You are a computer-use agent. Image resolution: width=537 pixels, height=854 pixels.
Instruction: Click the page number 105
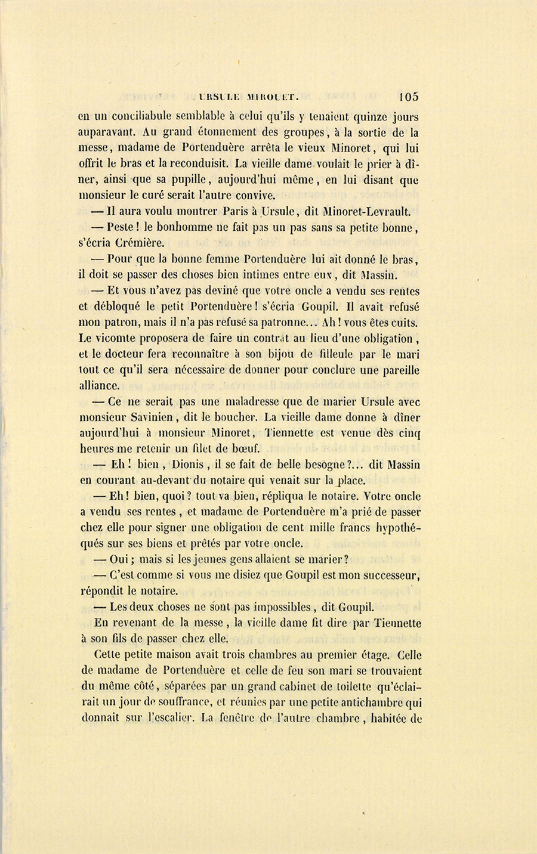coord(409,97)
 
